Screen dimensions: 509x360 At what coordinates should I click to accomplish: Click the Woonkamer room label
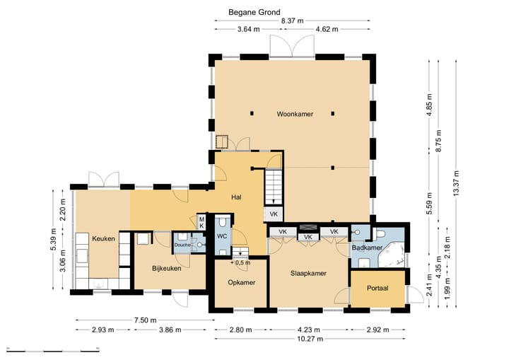(295, 114)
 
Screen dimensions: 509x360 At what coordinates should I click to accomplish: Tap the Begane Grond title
(255, 12)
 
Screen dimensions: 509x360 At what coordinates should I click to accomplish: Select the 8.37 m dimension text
(292, 21)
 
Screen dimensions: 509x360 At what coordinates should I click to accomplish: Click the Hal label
(236, 197)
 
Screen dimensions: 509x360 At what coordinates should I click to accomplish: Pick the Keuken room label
(103, 239)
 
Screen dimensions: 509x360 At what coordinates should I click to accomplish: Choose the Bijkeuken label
(167, 268)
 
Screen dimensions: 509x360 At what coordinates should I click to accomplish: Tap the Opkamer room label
(242, 283)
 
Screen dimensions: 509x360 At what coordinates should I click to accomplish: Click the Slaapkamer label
(308, 274)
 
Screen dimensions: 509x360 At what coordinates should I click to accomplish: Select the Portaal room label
(378, 288)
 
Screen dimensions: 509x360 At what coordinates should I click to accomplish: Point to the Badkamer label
(367, 248)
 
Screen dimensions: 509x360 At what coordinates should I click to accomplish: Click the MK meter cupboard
(201, 223)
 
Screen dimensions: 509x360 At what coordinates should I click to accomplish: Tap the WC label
(222, 236)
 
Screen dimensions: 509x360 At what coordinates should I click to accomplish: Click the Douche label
(182, 245)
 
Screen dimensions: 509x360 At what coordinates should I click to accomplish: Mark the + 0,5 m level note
(240, 262)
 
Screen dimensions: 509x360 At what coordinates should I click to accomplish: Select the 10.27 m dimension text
(311, 339)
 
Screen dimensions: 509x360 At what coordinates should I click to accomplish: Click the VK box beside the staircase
(274, 214)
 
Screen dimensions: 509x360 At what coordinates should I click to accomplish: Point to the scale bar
(53, 351)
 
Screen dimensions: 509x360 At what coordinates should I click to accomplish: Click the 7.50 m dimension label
(145, 320)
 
